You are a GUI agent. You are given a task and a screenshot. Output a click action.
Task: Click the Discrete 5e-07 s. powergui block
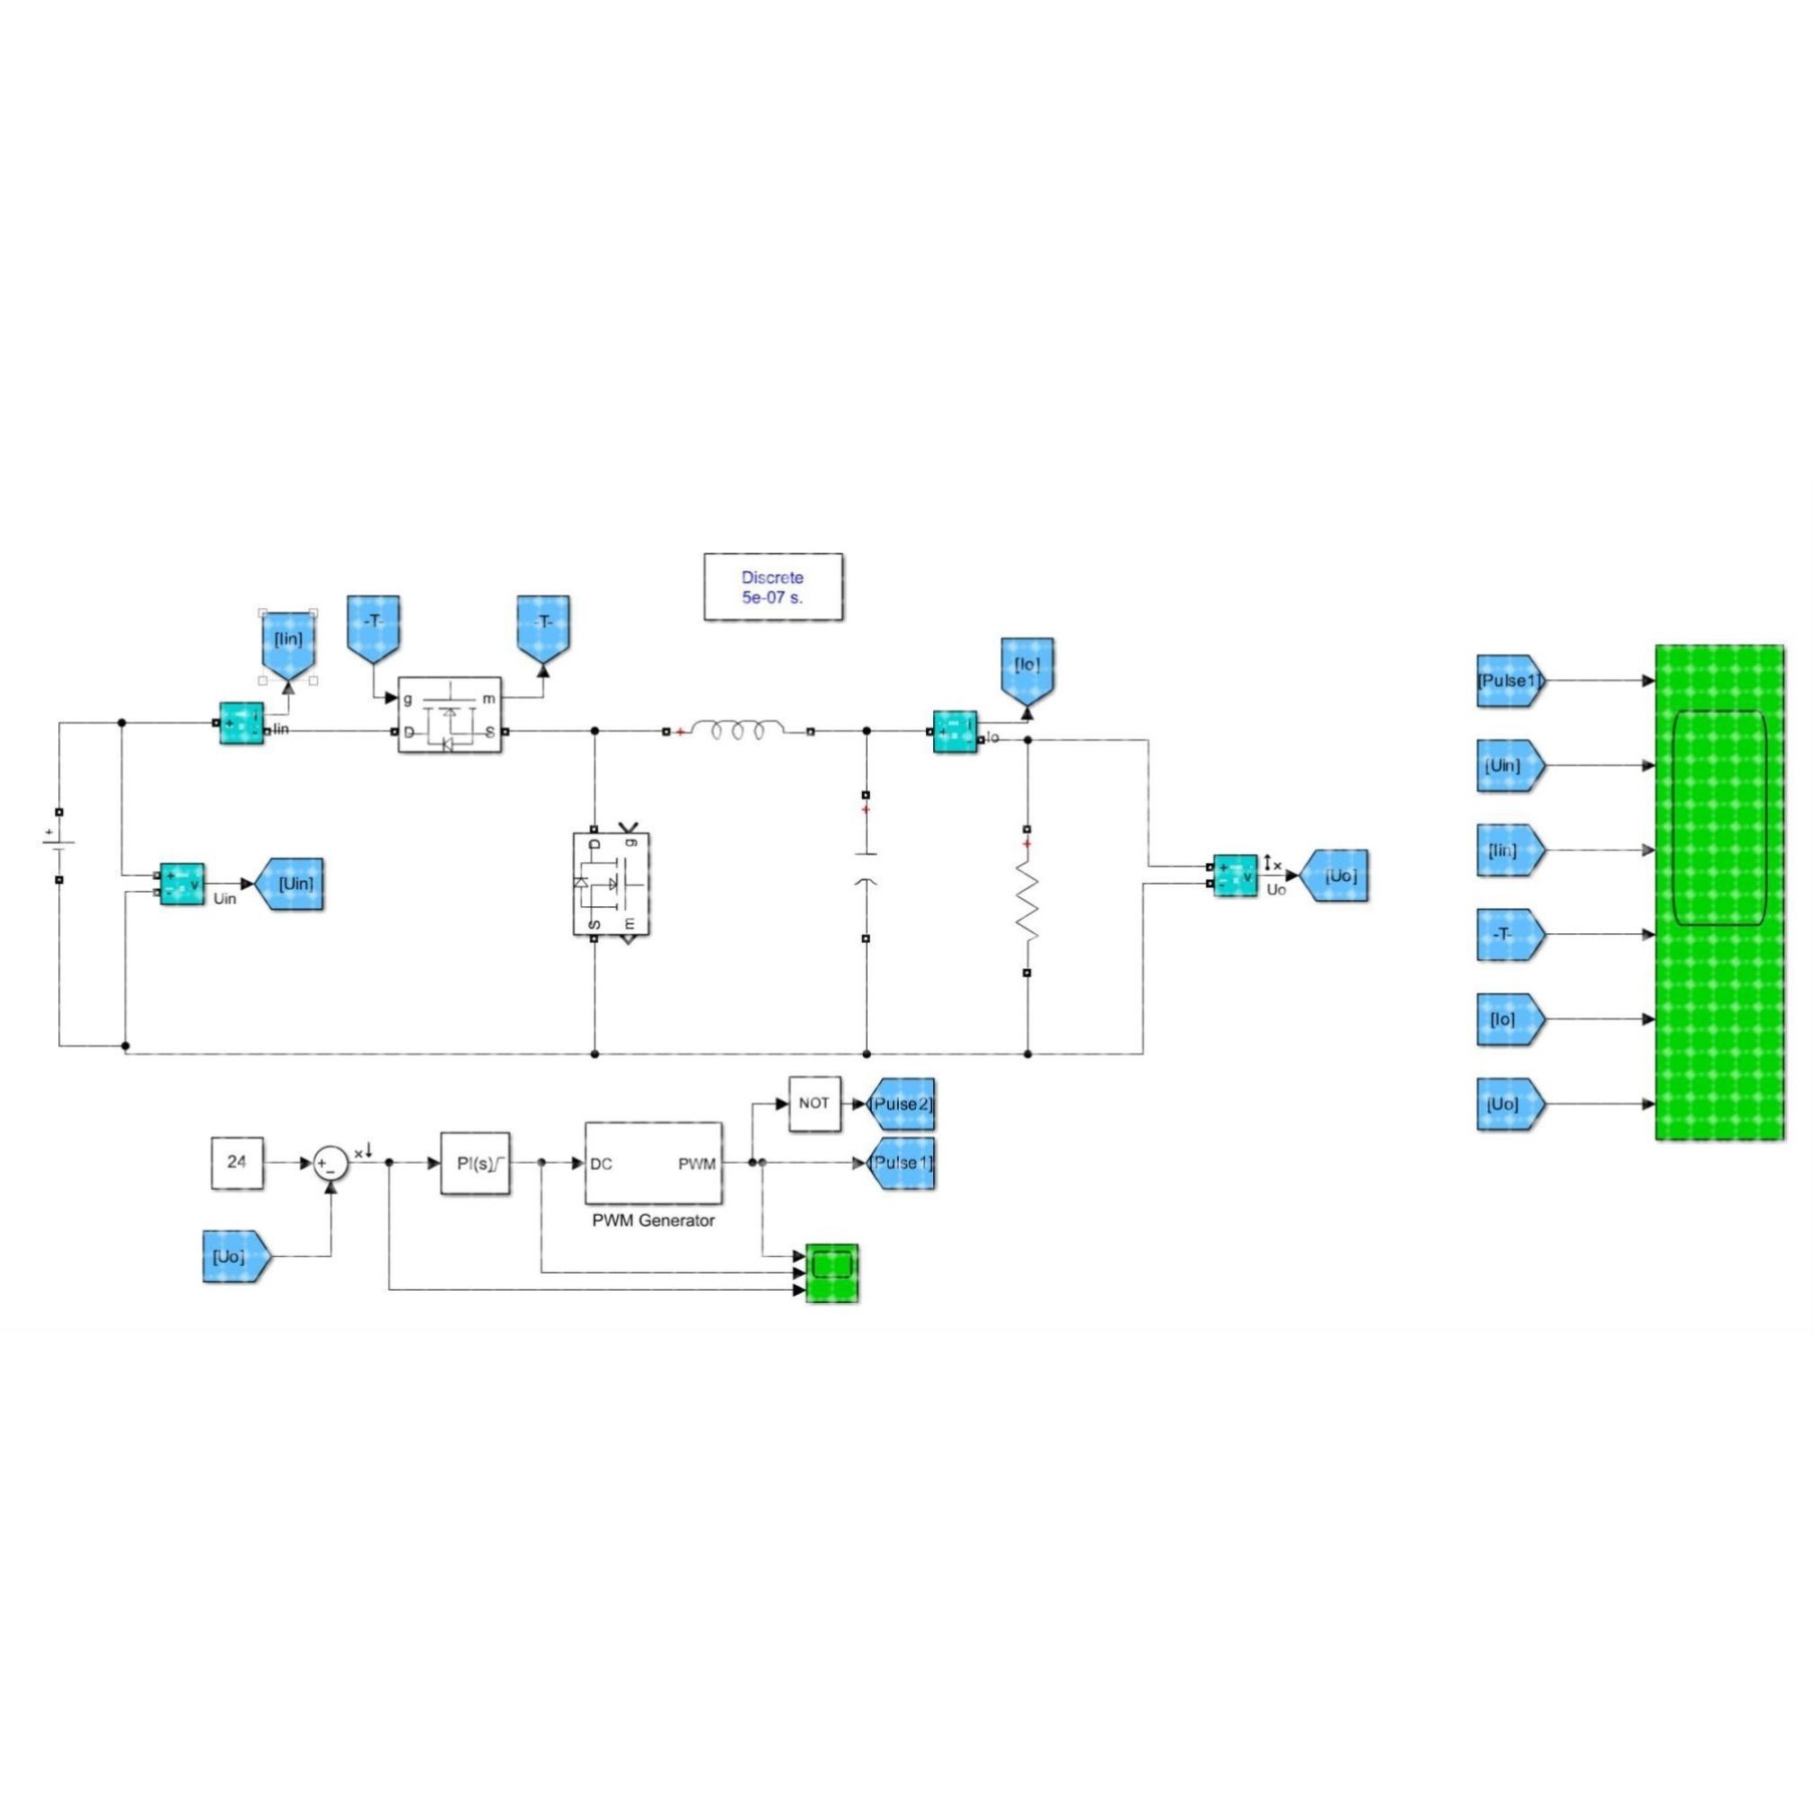772,586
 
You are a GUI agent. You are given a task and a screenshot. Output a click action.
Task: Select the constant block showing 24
236,1162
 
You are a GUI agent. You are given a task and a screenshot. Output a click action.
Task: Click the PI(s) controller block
475,1162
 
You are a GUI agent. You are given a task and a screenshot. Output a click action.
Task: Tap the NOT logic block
814,1104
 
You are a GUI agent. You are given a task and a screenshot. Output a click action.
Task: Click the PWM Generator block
654,1162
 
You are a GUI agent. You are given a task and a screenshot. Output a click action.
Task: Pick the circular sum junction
330,1163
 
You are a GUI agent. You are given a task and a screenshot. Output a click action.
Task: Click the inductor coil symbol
738,729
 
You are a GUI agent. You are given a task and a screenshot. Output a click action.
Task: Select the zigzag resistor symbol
1027,903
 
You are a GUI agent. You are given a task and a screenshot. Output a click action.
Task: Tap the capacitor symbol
866,868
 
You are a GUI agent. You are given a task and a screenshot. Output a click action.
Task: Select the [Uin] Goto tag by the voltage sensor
291,884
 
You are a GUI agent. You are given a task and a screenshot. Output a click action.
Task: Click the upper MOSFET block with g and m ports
450,714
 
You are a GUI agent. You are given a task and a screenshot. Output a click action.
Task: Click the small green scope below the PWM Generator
832,1273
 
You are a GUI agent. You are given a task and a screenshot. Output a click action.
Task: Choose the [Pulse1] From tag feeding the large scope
1509,681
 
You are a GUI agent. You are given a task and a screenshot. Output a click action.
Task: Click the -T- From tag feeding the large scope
1509,934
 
